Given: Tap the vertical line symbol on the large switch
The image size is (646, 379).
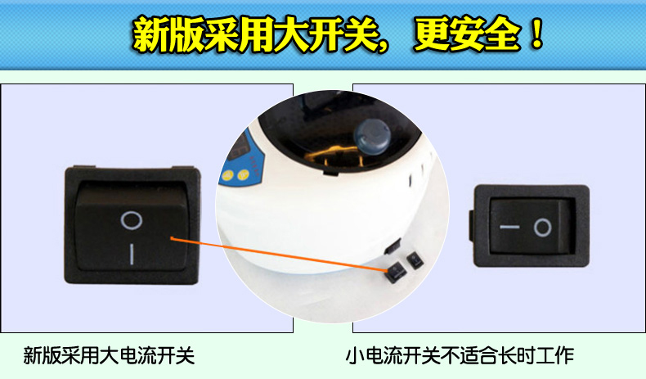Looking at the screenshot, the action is [x=132, y=254].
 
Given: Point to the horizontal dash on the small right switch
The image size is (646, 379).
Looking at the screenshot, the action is [x=509, y=227].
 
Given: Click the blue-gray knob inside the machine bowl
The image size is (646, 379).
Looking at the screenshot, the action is [x=371, y=135].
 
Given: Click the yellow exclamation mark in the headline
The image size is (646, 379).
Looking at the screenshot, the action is [x=536, y=33].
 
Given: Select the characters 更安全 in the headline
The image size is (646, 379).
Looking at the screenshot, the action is [x=467, y=34].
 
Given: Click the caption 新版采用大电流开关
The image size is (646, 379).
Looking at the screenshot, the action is [x=109, y=356].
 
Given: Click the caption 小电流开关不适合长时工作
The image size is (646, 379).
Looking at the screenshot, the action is [x=460, y=356].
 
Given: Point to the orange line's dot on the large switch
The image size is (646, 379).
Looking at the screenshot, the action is [x=173, y=238].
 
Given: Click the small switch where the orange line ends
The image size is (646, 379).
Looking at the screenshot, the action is [x=395, y=272].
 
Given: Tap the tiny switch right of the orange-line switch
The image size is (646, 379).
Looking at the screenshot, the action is [x=415, y=260].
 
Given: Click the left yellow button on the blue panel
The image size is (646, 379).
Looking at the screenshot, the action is [x=227, y=176].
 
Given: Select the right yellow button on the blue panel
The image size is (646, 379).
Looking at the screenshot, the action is [x=243, y=174].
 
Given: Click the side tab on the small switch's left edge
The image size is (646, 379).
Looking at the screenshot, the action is [x=471, y=226].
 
